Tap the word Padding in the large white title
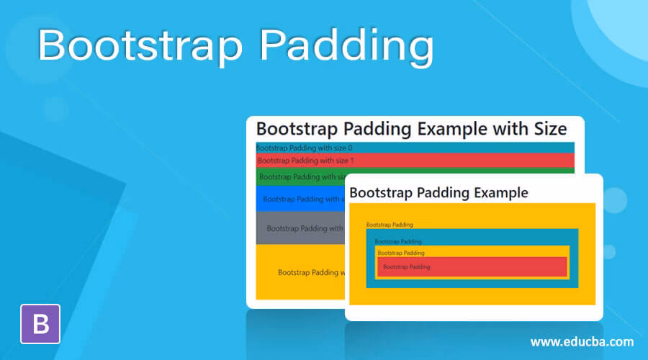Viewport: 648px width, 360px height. coord(346,45)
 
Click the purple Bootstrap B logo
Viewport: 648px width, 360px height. coord(41,323)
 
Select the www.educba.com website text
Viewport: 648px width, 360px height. coord(582,341)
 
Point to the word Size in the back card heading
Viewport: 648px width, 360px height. coord(546,129)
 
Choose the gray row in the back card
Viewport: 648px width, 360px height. coord(302,228)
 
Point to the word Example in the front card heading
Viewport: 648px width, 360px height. coord(496,192)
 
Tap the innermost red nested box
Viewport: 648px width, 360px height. coord(472,267)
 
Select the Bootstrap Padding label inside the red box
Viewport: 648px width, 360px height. coord(406,267)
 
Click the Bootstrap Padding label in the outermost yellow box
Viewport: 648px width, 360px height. coord(390,225)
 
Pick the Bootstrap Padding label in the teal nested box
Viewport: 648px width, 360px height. coord(398,241)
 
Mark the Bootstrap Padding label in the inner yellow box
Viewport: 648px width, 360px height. coord(401,253)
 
